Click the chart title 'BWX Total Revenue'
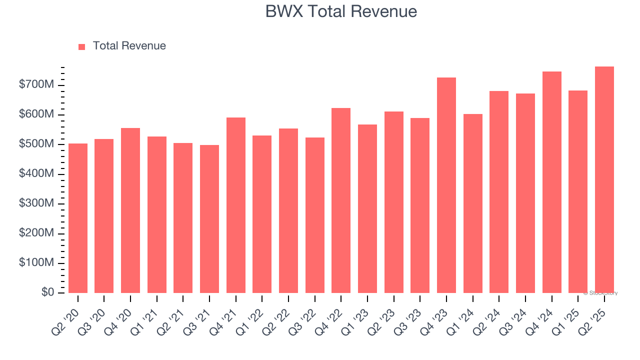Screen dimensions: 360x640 (x=341, y=11)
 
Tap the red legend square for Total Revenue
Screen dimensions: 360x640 (x=82, y=46)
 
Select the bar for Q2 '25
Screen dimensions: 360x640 (x=604, y=180)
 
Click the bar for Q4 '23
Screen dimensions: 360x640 (x=446, y=185)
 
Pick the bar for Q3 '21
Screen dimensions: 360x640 (x=209, y=219)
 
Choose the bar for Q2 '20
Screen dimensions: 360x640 (x=78, y=218)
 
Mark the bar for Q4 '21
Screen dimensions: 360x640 (x=236, y=205)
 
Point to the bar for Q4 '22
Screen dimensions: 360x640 (x=341, y=200)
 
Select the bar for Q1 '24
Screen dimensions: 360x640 (x=472, y=203)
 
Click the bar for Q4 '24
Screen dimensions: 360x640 (x=551, y=182)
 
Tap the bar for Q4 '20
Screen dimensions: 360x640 (x=130, y=210)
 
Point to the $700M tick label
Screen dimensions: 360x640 (x=36, y=85)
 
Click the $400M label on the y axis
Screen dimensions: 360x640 (x=36, y=174)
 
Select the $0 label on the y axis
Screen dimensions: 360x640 (x=47, y=292)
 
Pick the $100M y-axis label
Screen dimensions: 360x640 (x=36, y=263)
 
